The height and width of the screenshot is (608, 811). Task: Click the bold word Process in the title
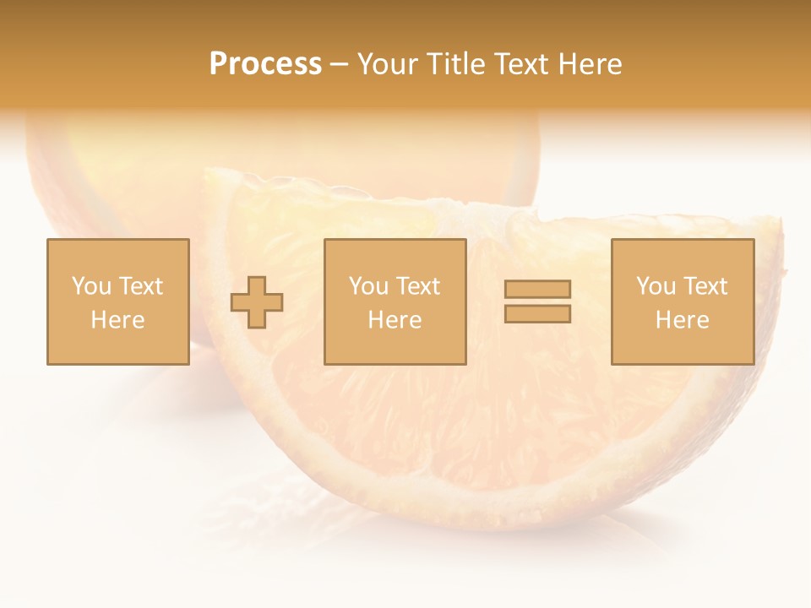(265, 64)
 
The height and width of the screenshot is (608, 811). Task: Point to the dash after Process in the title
(339, 65)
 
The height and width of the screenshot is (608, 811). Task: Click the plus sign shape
(258, 302)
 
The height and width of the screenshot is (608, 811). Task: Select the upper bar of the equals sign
(537, 289)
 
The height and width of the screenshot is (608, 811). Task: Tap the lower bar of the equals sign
(537, 314)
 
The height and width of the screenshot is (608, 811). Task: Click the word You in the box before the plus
(91, 286)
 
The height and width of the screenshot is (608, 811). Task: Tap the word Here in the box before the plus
(117, 320)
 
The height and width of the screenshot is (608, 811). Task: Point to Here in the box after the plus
(395, 320)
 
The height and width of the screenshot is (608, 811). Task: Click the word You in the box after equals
(656, 286)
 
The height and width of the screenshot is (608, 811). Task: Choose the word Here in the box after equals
(682, 320)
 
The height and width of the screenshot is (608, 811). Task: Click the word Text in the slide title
(522, 64)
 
